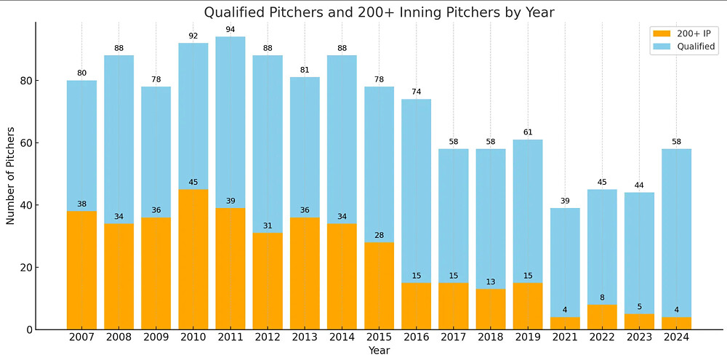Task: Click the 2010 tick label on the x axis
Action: click(x=193, y=338)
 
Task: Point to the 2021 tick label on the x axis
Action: click(x=565, y=338)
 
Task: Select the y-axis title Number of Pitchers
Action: click(x=11, y=175)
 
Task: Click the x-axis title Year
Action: click(x=379, y=351)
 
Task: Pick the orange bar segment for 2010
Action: click(x=193, y=262)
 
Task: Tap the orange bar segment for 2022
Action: click(x=602, y=317)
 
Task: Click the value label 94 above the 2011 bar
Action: click(x=230, y=29)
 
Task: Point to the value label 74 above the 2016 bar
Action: click(x=416, y=92)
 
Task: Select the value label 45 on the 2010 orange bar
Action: click(x=193, y=183)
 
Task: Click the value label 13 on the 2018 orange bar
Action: click(x=491, y=282)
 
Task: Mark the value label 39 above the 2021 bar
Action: click(x=565, y=201)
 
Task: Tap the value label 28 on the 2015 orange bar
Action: click(x=379, y=236)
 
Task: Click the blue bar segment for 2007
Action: click(x=81, y=145)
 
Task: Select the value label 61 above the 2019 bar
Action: click(x=528, y=132)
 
